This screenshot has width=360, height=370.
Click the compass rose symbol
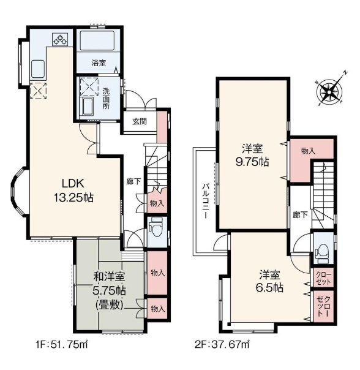click(x=330, y=89)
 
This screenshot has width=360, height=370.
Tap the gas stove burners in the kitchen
click(x=60, y=39)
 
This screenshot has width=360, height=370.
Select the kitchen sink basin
click(x=38, y=69)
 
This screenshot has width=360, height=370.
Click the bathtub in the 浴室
click(x=97, y=40)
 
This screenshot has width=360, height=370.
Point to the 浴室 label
click(x=99, y=63)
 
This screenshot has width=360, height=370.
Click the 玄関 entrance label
click(x=140, y=121)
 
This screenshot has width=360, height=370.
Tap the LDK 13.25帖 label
click(x=73, y=191)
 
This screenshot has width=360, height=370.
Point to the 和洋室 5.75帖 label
click(x=109, y=291)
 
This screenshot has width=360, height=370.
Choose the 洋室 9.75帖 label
click(x=252, y=156)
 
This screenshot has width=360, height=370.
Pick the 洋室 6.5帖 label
click(x=269, y=281)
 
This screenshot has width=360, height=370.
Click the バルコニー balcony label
click(x=205, y=202)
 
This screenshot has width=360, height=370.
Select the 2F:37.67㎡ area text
click(x=222, y=345)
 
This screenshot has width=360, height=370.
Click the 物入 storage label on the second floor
click(x=308, y=151)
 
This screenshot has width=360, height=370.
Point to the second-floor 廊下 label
click(x=300, y=215)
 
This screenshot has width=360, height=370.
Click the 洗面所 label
click(x=106, y=99)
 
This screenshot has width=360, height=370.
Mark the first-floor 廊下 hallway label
click(x=133, y=181)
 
